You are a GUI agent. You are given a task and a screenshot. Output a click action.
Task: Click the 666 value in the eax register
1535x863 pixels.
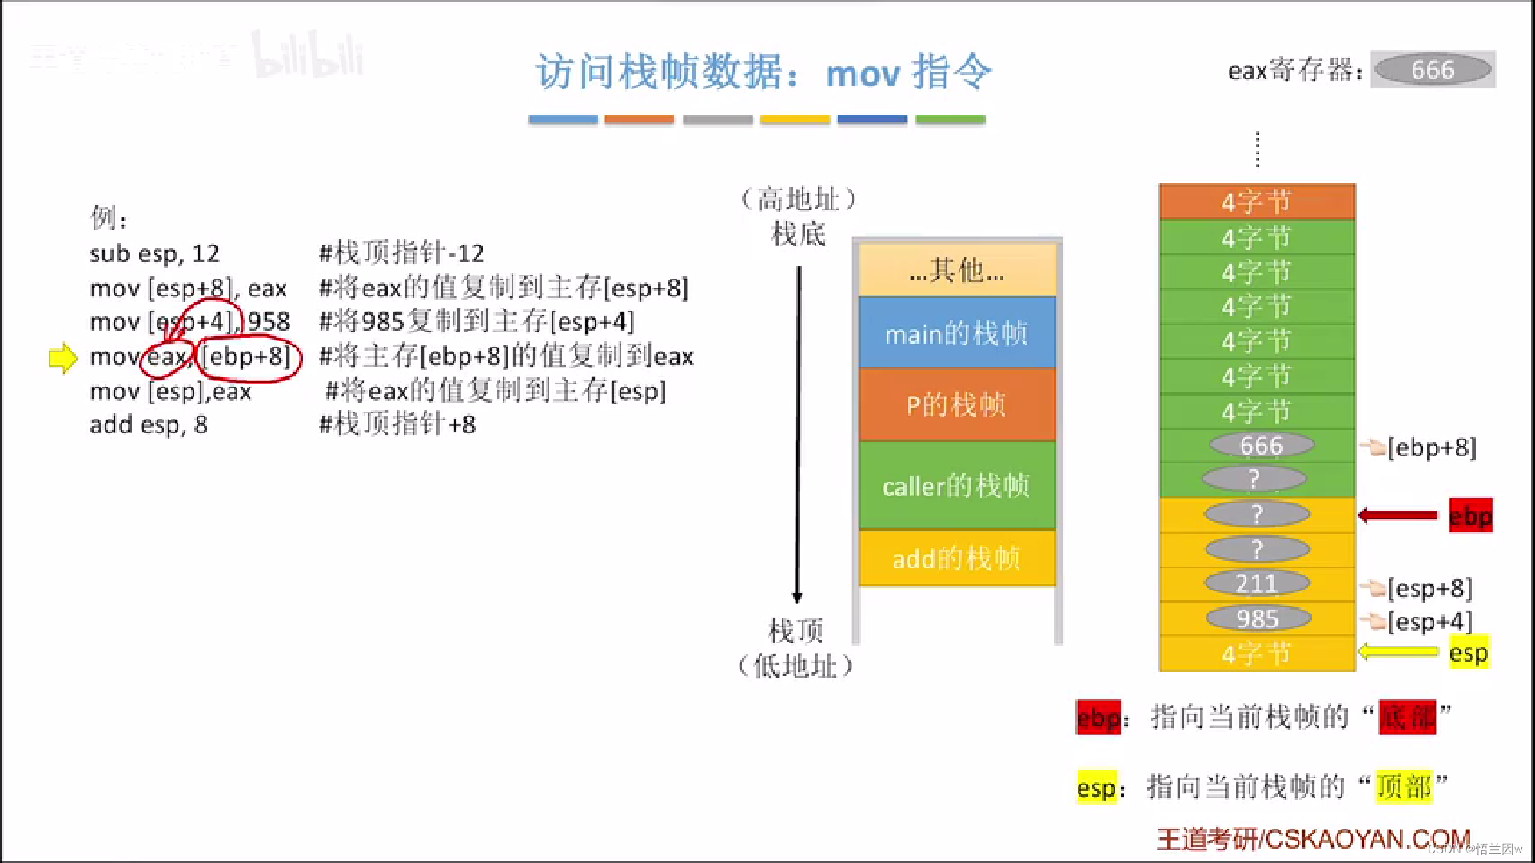(1432, 70)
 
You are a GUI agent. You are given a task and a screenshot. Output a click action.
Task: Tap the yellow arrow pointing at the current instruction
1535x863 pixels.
(63, 358)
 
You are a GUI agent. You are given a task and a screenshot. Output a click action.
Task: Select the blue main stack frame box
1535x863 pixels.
(957, 333)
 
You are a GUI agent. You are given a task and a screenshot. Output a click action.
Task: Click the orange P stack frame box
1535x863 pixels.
(957, 405)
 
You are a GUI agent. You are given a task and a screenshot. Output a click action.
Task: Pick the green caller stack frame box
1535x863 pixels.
(957, 485)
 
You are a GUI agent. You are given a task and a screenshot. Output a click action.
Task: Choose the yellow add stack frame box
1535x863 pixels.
(957, 558)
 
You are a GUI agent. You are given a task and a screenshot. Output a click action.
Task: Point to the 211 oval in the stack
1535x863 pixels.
(1257, 584)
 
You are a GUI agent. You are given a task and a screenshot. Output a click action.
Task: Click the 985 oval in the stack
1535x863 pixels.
(1257, 618)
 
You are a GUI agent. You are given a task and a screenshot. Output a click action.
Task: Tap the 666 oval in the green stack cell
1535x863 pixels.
(1261, 445)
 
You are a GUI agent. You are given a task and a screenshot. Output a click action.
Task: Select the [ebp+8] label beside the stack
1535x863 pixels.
(1431, 447)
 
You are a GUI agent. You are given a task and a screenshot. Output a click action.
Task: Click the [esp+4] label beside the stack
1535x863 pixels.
(1429, 622)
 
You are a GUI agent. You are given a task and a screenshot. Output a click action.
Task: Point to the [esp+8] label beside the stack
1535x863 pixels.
(1429, 588)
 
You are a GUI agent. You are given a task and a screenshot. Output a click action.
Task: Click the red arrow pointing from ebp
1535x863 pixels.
(1398, 515)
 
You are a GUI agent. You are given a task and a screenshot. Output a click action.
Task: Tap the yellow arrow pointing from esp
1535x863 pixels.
(1398, 652)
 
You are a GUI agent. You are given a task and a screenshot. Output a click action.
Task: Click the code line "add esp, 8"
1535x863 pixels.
(149, 424)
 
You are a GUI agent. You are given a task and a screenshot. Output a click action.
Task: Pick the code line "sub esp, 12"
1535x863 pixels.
(154, 253)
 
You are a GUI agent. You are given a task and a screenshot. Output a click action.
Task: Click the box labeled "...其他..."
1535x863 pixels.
(957, 271)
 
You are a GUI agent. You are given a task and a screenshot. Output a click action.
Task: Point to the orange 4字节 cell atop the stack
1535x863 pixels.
(1257, 201)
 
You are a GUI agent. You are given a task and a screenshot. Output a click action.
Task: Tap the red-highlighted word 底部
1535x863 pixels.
(1408, 717)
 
